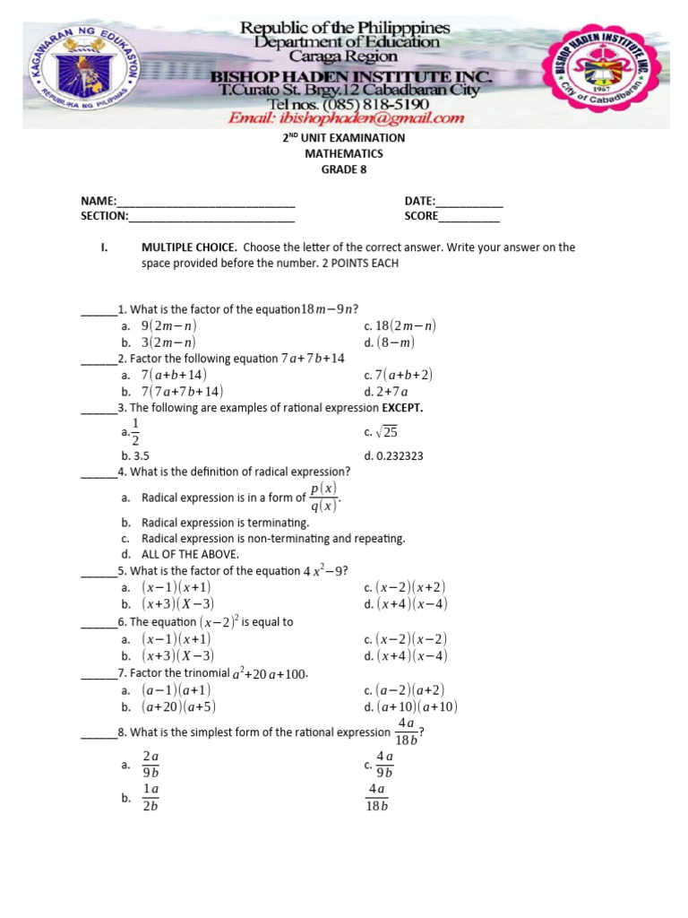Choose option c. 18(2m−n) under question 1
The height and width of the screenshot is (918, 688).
pos(400,326)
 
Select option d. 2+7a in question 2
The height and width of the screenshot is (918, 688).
pos(386,391)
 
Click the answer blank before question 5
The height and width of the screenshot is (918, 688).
pos(99,572)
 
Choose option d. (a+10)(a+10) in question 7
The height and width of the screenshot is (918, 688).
pos(410,706)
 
